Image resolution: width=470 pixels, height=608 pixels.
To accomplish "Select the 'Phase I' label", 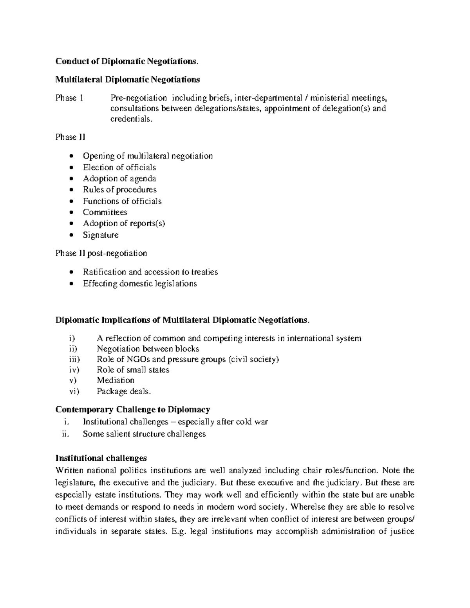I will pyautogui.click(x=69, y=98).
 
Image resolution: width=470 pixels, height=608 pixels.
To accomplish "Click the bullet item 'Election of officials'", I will pyautogui.click(x=119, y=168).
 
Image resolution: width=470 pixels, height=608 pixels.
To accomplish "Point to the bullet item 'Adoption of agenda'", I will pyautogui.click(x=119, y=179).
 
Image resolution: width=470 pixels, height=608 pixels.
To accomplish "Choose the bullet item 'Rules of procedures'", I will pyautogui.click(x=119, y=190).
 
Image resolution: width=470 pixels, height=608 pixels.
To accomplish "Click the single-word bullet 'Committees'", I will pyautogui.click(x=105, y=212).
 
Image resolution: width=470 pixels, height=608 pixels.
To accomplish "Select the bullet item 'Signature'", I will pyautogui.click(x=100, y=235).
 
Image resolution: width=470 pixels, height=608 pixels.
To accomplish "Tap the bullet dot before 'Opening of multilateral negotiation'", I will pyautogui.click(x=70, y=156).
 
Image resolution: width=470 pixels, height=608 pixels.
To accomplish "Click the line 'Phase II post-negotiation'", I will pyautogui.click(x=101, y=253).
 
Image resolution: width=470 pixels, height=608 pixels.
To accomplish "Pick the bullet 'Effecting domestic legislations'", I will pyautogui.click(x=140, y=283).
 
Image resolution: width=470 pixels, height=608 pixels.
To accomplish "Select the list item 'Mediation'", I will pyautogui.click(x=116, y=380).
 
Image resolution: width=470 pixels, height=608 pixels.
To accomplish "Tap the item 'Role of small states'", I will pyautogui.click(x=133, y=370).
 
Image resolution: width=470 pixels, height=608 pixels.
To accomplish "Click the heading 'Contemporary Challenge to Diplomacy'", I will pyautogui.click(x=133, y=410).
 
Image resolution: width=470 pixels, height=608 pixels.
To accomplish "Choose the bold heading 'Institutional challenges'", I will pyautogui.click(x=101, y=458).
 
